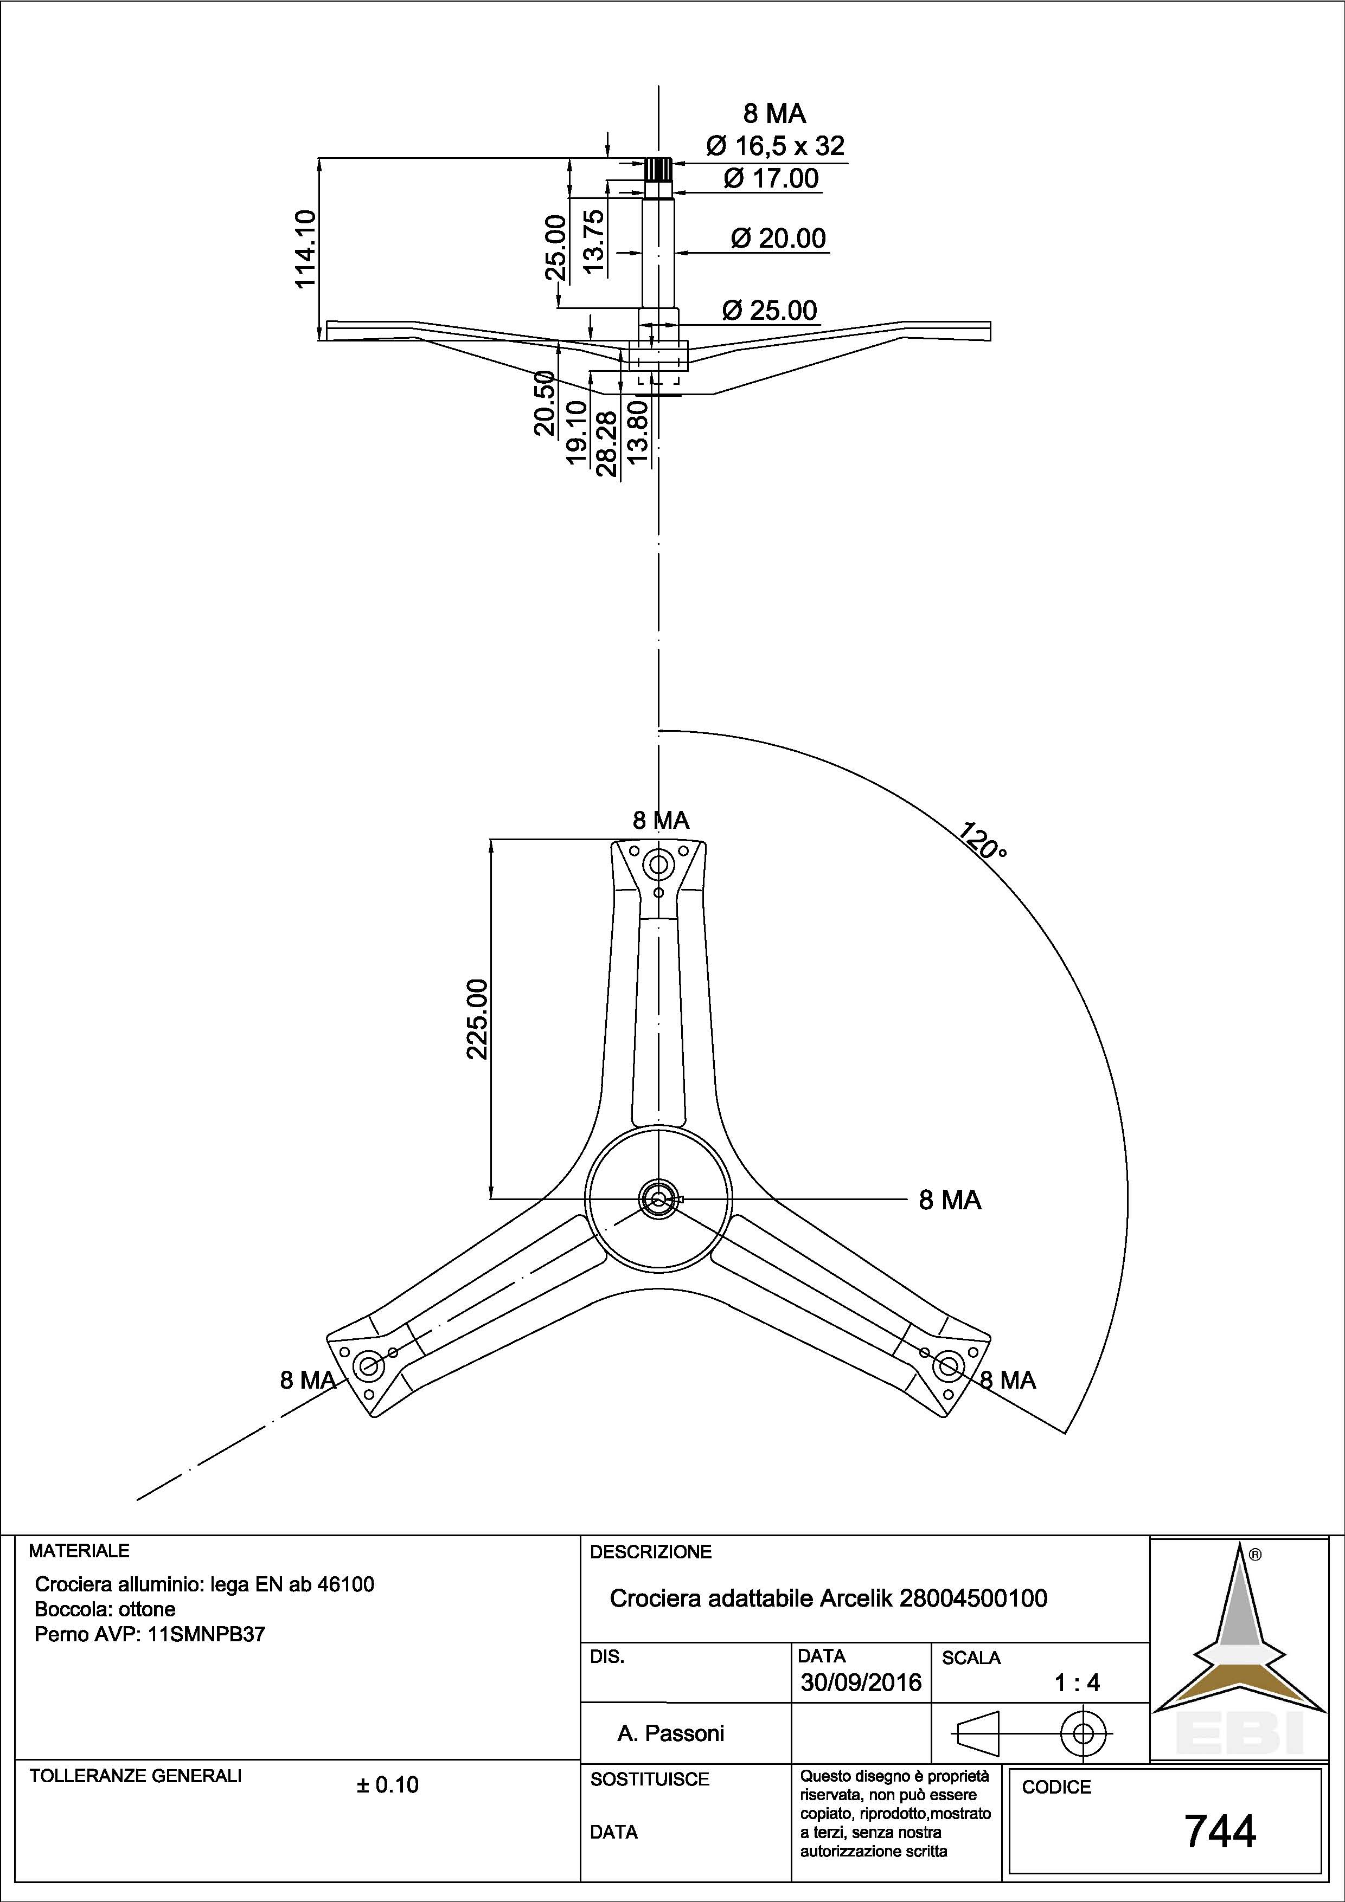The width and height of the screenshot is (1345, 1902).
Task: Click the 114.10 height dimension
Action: (306, 248)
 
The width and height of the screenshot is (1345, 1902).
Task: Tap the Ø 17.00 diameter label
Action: (771, 178)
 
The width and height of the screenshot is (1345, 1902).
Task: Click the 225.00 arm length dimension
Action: (478, 1019)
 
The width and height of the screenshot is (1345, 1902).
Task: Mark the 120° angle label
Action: (983, 841)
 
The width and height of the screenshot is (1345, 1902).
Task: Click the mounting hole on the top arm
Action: (659, 866)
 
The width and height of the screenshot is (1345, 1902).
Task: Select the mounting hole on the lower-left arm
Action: (366, 1364)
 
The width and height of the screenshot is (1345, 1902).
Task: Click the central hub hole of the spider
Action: (659, 1198)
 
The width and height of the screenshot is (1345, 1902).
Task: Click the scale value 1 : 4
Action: (1077, 1682)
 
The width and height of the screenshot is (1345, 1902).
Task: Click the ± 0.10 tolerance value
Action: (388, 1784)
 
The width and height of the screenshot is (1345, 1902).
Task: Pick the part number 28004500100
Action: (973, 1599)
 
